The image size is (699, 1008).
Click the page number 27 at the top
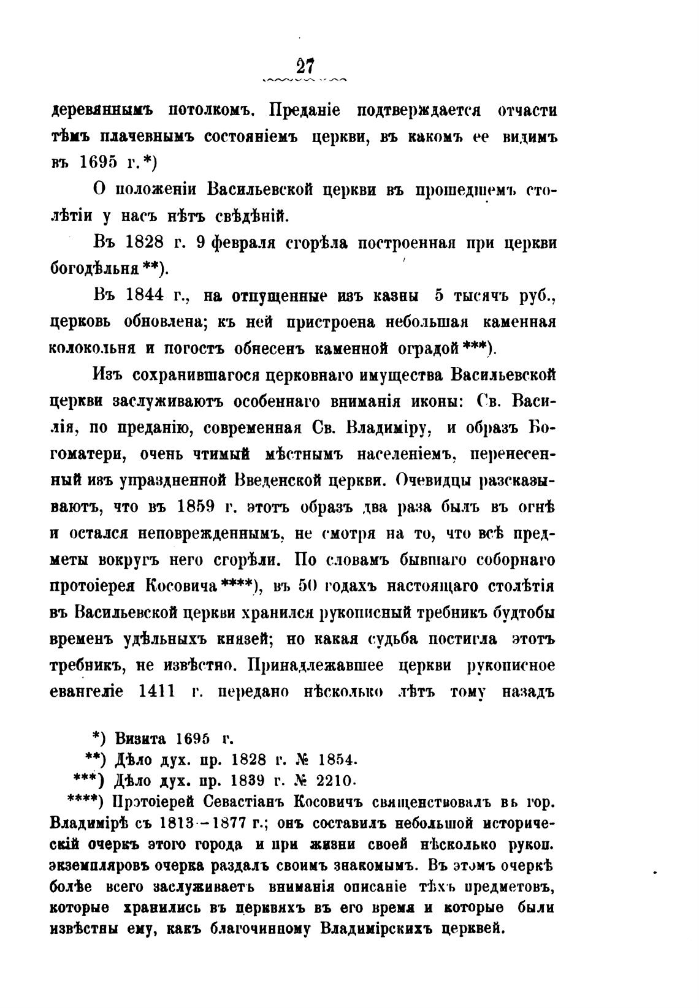point(304,66)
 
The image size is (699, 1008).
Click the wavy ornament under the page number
point(304,80)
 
